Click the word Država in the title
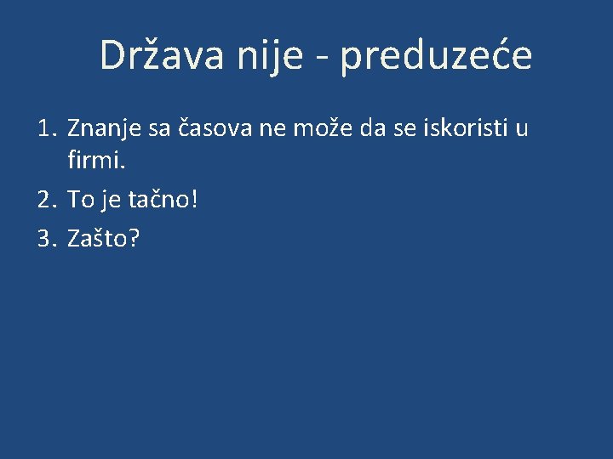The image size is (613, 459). point(158,55)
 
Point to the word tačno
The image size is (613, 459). point(165,200)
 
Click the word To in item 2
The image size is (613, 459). point(80,200)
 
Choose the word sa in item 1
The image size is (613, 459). point(159,129)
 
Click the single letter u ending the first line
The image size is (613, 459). point(522,129)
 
